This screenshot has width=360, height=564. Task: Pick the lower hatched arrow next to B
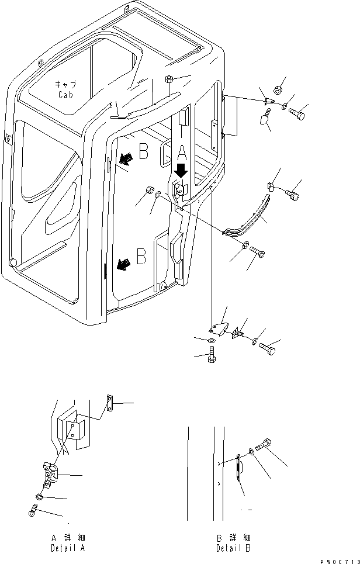pos(122,265)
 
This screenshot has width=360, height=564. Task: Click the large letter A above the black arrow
pos(181,153)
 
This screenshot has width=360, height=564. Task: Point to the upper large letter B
pos(143,154)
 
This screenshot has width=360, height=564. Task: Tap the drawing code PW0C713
pos(340,559)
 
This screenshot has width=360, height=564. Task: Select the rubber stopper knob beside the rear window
pos(265,119)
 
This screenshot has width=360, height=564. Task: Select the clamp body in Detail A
pos(49,474)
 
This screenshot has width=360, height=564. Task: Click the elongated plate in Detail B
pos(240,468)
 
